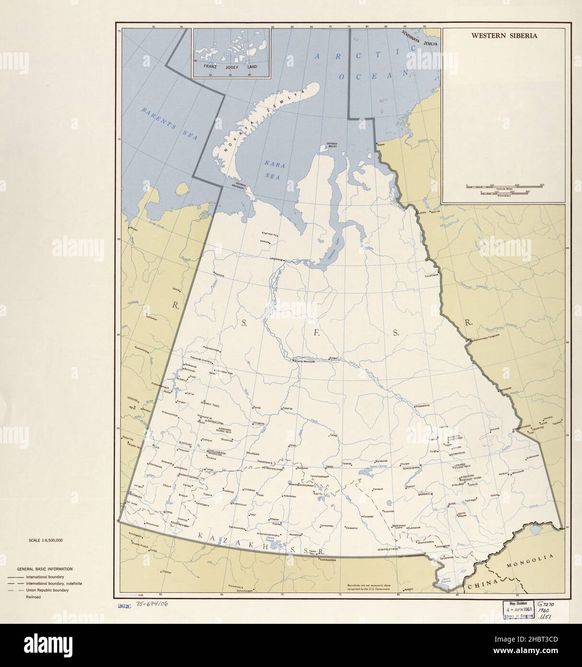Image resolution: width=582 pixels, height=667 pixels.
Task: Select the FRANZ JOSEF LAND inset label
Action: pos(231,67)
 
